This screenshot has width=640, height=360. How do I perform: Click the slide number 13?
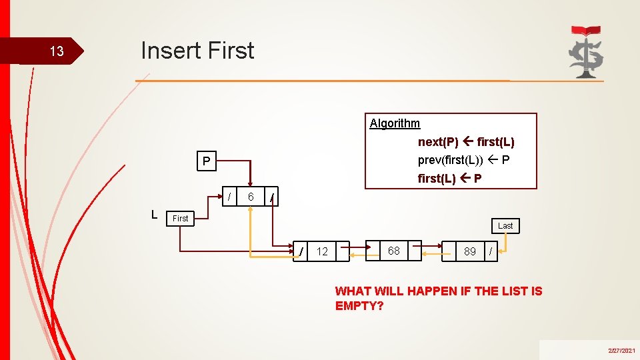57,52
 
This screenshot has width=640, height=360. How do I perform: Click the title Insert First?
197,51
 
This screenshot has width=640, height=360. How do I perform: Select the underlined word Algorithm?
395,123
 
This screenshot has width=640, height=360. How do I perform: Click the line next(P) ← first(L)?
466,142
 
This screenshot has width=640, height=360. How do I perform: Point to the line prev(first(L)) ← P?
464,160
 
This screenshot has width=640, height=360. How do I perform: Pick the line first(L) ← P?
450,179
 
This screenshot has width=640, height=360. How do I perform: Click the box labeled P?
207,161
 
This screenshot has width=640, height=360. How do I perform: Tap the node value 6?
251,197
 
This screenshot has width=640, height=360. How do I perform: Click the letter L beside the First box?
154,215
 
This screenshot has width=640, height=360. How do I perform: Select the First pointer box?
181,218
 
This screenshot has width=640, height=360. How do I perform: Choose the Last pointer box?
505,226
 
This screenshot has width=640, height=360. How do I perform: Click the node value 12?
323,251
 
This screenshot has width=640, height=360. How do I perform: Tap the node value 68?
394,251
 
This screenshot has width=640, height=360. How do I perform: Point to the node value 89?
470,251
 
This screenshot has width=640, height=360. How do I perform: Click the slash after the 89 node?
491,251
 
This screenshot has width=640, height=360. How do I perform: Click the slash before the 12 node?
303,251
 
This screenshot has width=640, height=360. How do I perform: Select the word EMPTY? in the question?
359,306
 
